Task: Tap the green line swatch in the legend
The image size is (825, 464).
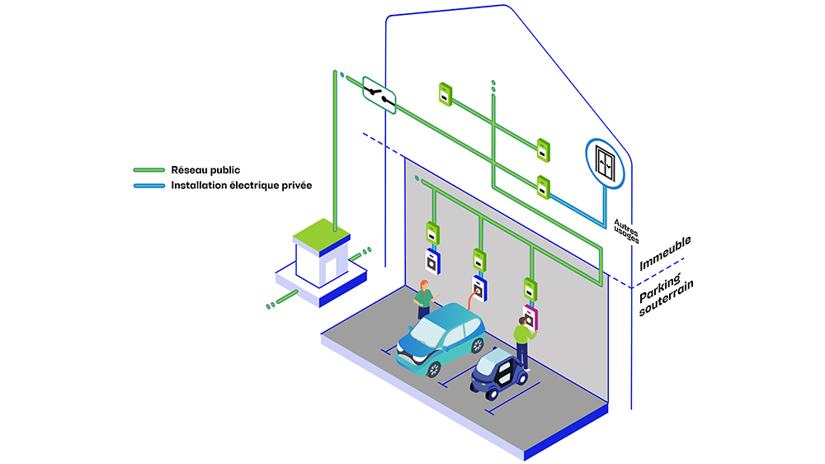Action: click(x=148, y=171)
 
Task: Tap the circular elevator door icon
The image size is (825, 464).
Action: click(x=606, y=163)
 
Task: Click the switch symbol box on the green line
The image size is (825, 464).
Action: click(x=379, y=96)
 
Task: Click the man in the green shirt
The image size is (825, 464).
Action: click(x=523, y=339)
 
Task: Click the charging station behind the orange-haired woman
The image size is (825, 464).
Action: click(x=433, y=261)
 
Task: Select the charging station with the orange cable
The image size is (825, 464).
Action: click(x=479, y=285)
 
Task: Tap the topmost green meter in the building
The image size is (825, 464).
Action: click(x=444, y=93)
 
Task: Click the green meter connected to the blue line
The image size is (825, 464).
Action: click(x=543, y=187)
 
